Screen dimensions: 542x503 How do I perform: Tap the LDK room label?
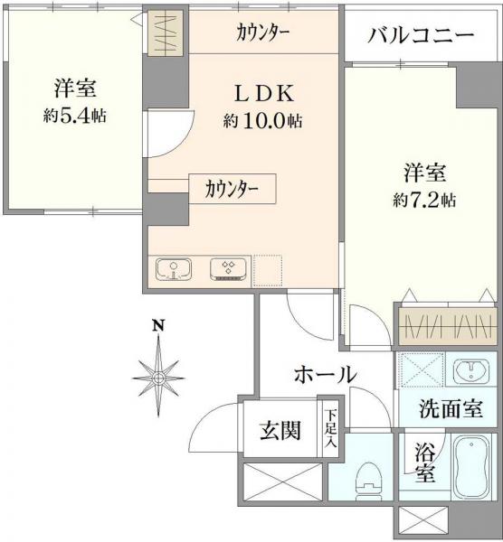262,94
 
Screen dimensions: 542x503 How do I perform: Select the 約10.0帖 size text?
262,120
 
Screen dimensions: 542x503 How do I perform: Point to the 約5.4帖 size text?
74,115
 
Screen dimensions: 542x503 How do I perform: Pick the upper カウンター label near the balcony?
262,34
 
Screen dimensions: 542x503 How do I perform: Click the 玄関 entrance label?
280,431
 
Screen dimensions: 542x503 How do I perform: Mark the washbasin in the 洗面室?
471,371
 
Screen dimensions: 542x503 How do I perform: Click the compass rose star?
158,372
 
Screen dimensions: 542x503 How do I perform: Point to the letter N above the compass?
157,326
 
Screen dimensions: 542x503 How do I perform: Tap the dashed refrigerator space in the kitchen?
269,269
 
